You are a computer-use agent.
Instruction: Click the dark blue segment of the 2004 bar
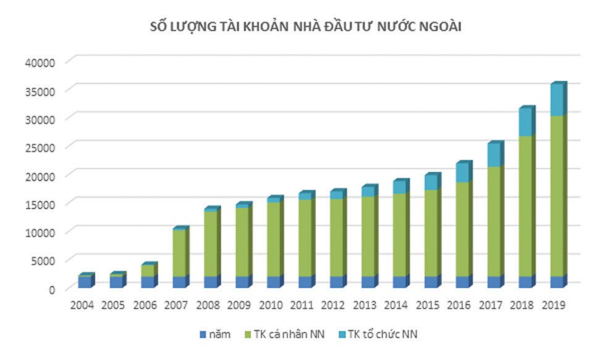pos(84,282)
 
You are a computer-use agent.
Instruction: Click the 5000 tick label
pos(44,260)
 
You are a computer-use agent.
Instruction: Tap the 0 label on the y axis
pos(53,289)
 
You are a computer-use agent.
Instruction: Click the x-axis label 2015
pos(427,305)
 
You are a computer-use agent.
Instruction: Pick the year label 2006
pos(145,305)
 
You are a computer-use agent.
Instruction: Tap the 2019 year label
pos(553,305)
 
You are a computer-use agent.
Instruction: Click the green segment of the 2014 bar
pos(399,235)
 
